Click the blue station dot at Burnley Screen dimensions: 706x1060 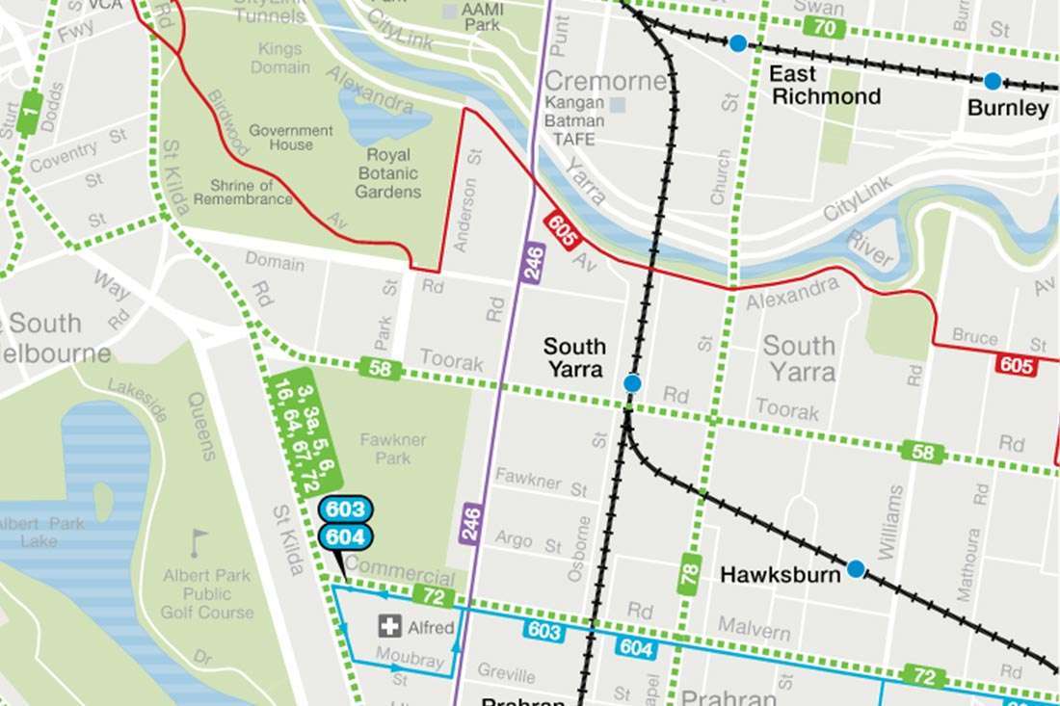coord(993,81)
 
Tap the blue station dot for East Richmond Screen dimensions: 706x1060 coord(737,43)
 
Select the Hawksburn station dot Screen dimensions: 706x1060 coord(856,569)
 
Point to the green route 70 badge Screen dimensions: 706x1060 coord(825,28)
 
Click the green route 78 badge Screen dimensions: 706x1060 coord(689,575)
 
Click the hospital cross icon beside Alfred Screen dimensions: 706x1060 coord(390,627)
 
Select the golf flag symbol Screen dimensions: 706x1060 coord(199,542)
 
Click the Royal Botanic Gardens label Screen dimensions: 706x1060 coord(388,173)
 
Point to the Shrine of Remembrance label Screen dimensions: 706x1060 coord(243,193)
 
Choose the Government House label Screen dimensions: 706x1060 coord(290,138)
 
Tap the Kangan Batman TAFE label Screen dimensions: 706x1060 coord(574,121)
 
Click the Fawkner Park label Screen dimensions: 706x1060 coord(392,449)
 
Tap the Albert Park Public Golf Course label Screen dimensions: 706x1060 coord(207,593)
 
